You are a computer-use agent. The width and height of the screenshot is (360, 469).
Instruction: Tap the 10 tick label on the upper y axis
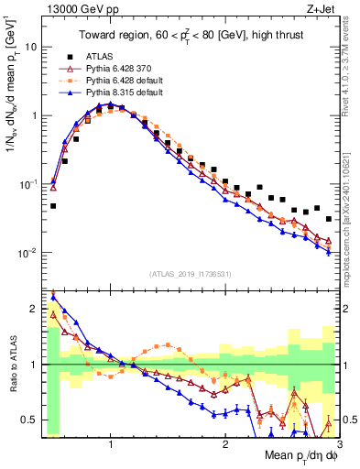tap(31, 46)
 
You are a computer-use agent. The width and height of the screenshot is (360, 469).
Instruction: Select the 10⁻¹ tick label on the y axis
tap(27, 184)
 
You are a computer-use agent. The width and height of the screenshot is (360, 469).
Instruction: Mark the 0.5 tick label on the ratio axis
tap(29, 420)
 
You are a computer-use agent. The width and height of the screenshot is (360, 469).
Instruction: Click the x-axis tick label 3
tap(338, 442)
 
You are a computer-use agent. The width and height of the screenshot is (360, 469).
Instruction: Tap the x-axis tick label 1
tap(111, 442)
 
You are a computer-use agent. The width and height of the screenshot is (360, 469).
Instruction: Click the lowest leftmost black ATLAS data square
tap(53, 206)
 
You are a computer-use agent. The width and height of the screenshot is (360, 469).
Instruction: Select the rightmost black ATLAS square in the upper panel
tap(329, 219)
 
